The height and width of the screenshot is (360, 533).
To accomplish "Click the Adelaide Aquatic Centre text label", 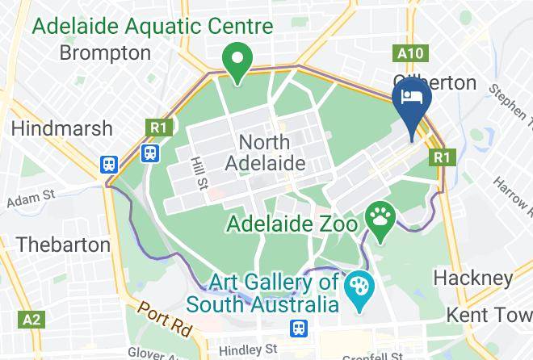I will click(151, 25).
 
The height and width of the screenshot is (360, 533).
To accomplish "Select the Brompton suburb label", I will click(106, 53).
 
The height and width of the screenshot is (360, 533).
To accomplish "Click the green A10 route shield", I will click(409, 54).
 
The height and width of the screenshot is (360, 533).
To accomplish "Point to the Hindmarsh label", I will click(55, 128).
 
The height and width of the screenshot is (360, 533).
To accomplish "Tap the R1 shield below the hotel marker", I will click(440, 157).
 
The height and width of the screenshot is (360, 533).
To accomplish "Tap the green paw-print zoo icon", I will click(379, 216).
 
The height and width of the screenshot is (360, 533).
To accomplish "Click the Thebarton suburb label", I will click(63, 244).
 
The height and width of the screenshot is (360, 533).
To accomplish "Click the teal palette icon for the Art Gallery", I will click(356, 287).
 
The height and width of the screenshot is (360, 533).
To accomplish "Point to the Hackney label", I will click(473, 278).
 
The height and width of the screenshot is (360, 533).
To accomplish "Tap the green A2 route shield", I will click(31, 320).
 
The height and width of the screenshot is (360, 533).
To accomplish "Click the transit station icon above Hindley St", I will click(299, 328).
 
